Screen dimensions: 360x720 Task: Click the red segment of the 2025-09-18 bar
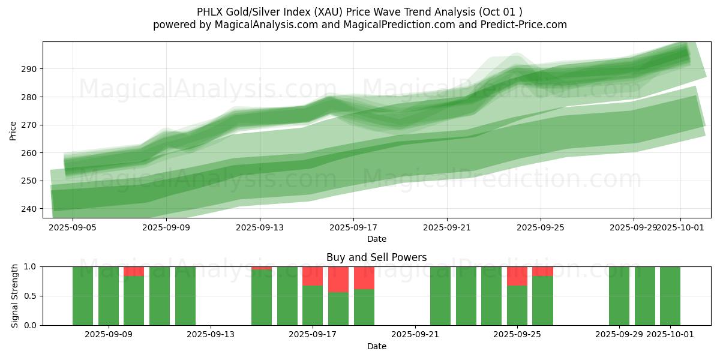click(x=338, y=279)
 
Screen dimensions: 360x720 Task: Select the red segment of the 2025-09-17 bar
click(x=313, y=276)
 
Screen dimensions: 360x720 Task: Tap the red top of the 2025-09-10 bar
click(x=134, y=271)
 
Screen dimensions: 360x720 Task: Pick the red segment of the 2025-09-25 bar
click(x=517, y=276)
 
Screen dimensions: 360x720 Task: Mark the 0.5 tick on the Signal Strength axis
click(x=30, y=296)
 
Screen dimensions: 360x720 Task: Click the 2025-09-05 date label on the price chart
click(x=73, y=227)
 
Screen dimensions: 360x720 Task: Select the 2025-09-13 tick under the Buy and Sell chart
click(x=211, y=335)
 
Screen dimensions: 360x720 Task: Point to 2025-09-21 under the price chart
click(x=447, y=227)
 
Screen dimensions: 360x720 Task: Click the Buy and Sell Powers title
click(x=376, y=257)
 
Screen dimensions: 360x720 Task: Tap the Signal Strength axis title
click(x=15, y=296)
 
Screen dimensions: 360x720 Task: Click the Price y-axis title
click(x=13, y=130)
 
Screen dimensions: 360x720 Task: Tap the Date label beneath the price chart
click(x=376, y=239)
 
